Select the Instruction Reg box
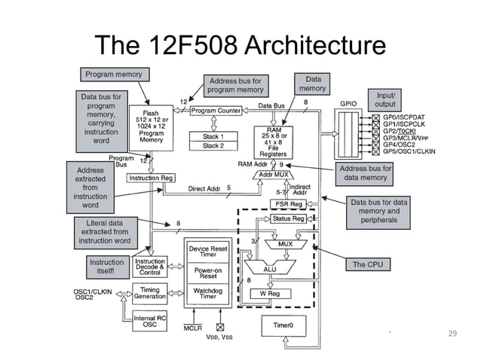[x=152, y=178]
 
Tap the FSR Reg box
[x=286, y=204]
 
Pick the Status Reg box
[x=288, y=218]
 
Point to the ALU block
[x=269, y=267]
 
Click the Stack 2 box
[x=213, y=145]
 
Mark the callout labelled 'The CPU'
[x=368, y=264]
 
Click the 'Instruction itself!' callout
[x=106, y=267]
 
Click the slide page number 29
[x=452, y=334]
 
